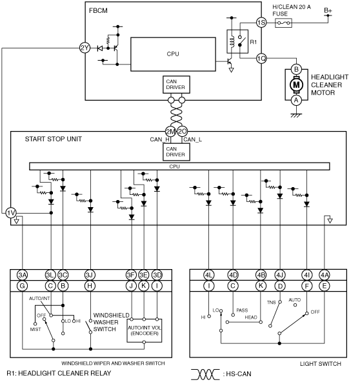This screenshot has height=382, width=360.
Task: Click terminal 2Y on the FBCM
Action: point(85,48)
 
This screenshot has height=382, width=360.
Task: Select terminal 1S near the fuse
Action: point(261,23)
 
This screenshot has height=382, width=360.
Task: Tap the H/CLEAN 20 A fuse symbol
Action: point(283,23)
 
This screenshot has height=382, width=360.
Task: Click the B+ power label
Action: point(328,10)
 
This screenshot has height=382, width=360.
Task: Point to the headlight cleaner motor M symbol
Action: point(296,85)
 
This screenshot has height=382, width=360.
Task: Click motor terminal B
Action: point(296,69)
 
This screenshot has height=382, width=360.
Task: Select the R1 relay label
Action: point(254,42)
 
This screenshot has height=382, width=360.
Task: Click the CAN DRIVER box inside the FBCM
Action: point(176,85)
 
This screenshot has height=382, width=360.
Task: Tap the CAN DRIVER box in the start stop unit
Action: point(176,152)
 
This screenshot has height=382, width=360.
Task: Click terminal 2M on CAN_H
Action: point(170,132)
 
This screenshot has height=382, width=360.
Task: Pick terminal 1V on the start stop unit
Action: point(11,213)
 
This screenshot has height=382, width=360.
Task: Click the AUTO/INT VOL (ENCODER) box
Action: point(145,330)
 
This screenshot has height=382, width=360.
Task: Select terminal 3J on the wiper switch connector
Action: point(90,275)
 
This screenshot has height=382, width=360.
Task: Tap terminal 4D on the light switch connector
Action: point(233,275)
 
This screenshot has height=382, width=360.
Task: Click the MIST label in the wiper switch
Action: point(35,329)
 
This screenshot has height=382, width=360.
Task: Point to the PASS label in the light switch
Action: point(242,310)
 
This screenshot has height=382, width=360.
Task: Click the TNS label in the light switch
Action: point(272,303)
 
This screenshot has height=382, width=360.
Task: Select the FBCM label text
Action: point(98,11)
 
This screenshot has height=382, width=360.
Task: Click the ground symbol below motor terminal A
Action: point(296,116)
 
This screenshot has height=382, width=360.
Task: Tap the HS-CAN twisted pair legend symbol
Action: point(205,374)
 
